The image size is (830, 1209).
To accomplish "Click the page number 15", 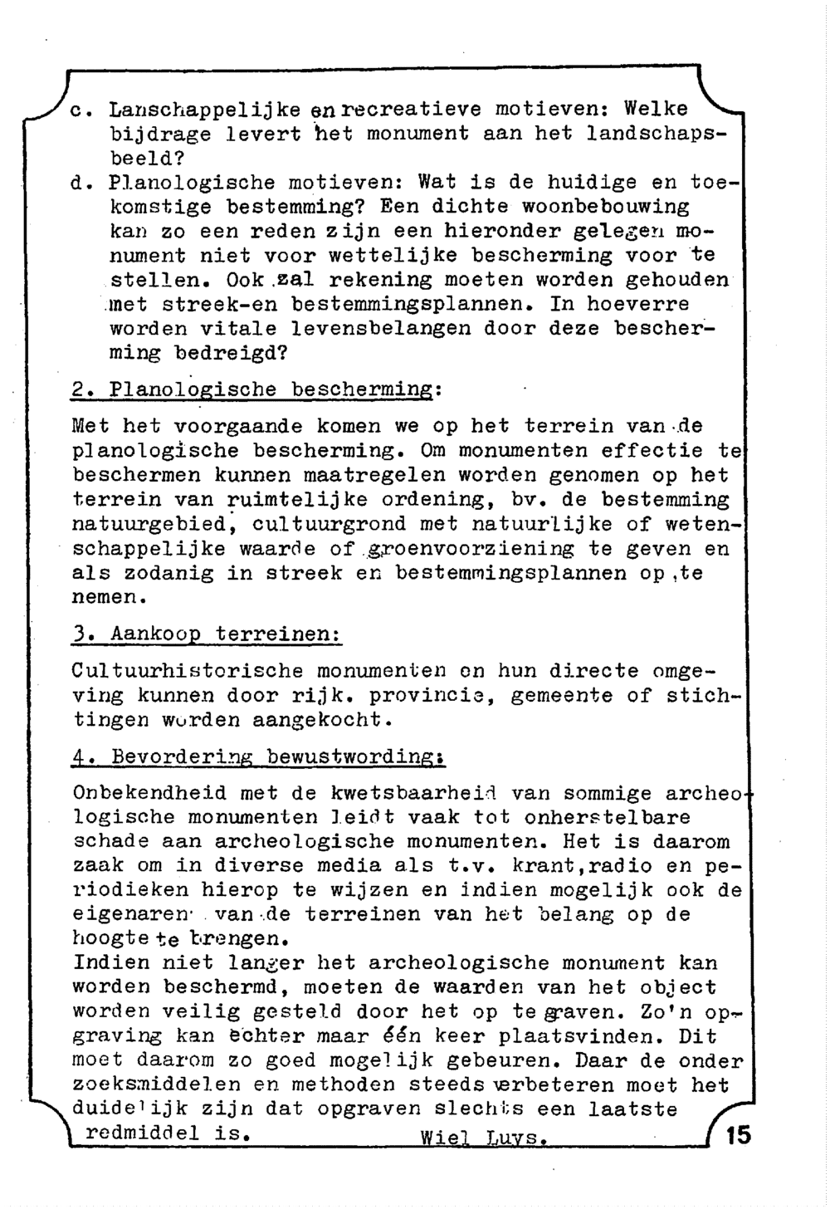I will [737, 1134].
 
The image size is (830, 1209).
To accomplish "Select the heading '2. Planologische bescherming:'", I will [257, 389].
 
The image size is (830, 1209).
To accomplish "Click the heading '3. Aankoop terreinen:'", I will [207, 634].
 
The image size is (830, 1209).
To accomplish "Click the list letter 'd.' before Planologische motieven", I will [81, 182].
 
